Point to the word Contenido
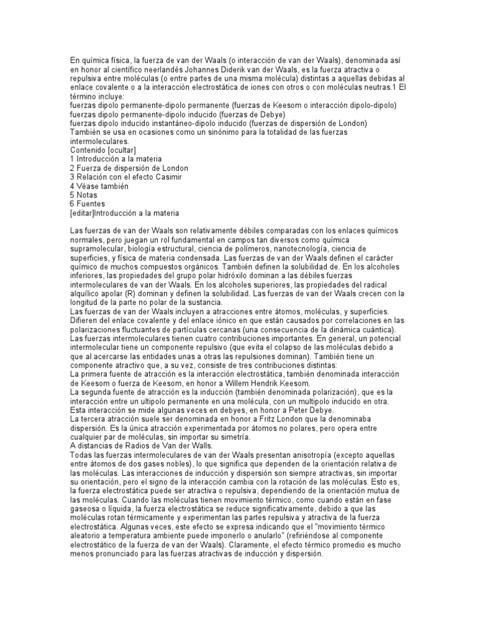89,150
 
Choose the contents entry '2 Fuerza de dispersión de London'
129,168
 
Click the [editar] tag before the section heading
81,212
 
